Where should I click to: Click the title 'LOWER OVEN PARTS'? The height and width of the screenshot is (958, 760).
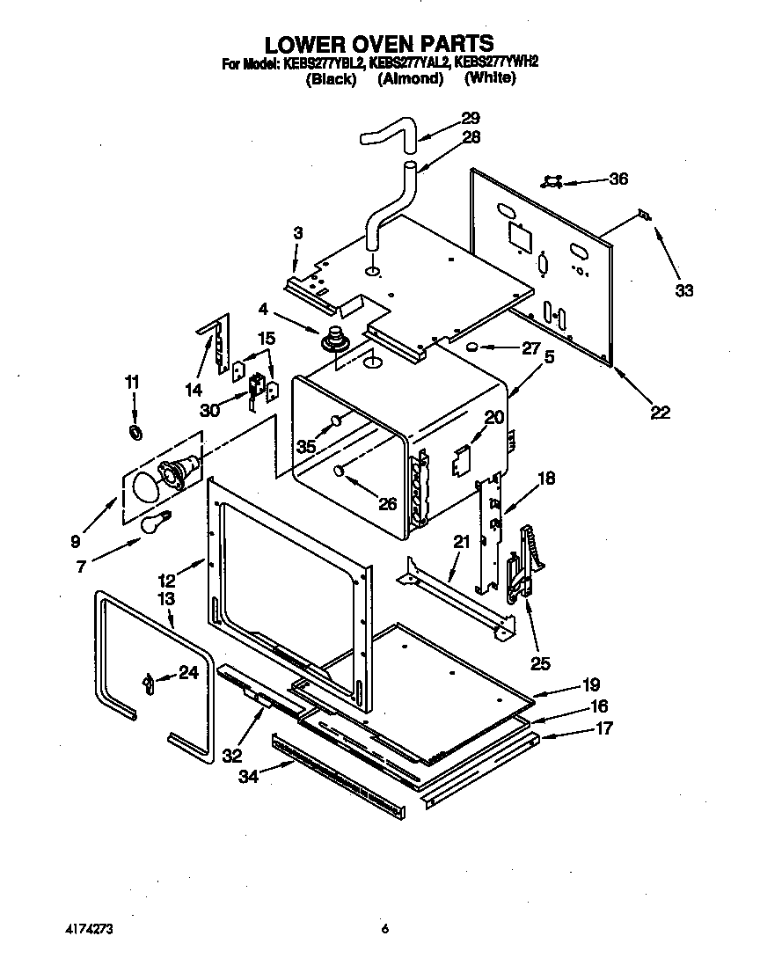[x=379, y=43]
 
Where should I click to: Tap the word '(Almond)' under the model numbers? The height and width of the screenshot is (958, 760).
[x=409, y=78]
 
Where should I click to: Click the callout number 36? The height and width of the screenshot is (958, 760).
[x=617, y=179]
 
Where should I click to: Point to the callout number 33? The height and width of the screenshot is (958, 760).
[x=683, y=291]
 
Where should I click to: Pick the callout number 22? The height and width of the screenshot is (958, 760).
[x=660, y=412]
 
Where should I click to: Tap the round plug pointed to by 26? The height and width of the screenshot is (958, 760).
[x=339, y=472]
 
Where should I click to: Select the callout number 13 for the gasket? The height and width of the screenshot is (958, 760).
[x=165, y=598]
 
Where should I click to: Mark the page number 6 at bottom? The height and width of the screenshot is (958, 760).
[x=384, y=928]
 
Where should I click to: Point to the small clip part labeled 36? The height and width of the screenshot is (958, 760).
[x=552, y=180]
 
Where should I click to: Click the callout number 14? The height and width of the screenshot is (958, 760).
[x=194, y=389]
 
